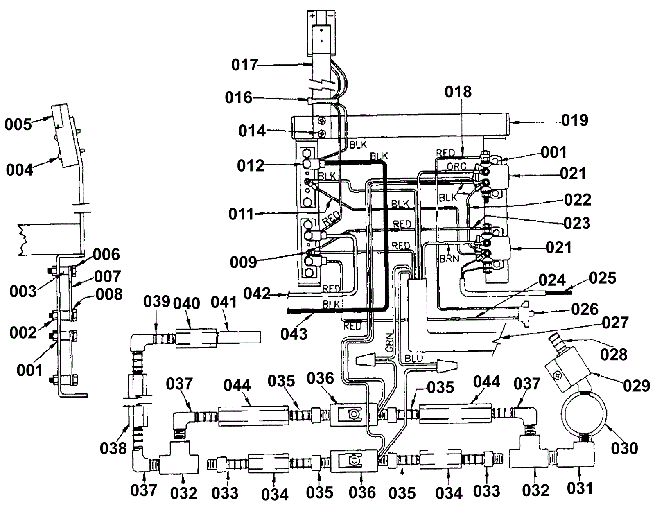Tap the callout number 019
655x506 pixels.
pyautogui.click(x=575, y=120)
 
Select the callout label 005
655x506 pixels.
pyautogui.click(x=18, y=124)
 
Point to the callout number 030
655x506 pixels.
pyautogui.click(x=625, y=448)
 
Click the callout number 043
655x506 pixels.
pyautogui.click(x=294, y=334)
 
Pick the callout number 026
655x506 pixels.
pyautogui.click(x=585, y=309)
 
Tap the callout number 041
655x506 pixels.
pyautogui.click(x=224, y=302)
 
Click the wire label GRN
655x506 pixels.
pyautogui.click(x=389, y=343)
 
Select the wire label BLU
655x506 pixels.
pyautogui.click(x=413, y=359)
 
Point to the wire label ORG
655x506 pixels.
pyautogui.click(x=457, y=166)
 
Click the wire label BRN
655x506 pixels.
pyautogui.click(x=449, y=259)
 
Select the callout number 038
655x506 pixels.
pyautogui.click(x=113, y=449)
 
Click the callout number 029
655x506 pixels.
pyautogui.click(x=636, y=386)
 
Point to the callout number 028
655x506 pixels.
pyautogui.click(x=614, y=355)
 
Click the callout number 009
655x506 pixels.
pyautogui.click(x=243, y=262)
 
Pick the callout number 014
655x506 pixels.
pyautogui.click(x=252, y=131)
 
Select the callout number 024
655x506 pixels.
pyautogui.click(x=552, y=280)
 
